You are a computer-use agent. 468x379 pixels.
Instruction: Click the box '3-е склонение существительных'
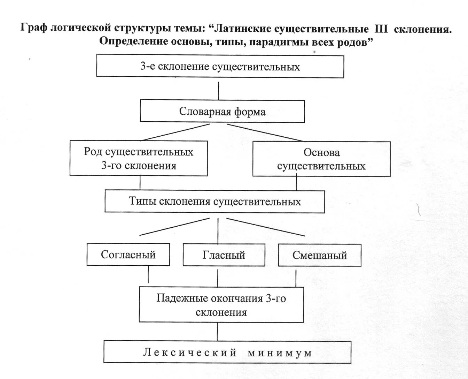tap(220, 66)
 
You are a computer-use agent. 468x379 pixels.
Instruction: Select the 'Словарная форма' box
tap(222, 111)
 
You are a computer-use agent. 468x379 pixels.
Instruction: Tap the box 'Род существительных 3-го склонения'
tap(139, 158)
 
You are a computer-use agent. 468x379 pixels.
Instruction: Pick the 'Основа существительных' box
tap(321, 159)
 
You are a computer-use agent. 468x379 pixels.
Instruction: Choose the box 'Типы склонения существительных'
tap(215, 201)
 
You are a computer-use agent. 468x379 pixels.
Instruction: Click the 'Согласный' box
tap(128, 255)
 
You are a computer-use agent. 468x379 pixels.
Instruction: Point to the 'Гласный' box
tap(224, 255)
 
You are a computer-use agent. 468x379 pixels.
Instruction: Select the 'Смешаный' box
tap(320, 255)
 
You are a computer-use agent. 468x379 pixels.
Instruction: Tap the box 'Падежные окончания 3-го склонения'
tap(221, 305)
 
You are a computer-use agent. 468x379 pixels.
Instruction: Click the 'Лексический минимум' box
tap(227, 352)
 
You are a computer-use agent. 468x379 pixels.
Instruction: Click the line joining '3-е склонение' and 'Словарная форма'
tap(219, 91)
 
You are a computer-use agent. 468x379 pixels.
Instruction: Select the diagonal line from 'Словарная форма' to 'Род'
tap(174, 132)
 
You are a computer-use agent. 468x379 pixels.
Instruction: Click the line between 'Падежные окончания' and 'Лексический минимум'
tap(218, 332)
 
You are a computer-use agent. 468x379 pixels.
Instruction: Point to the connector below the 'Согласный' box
tap(148, 274)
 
